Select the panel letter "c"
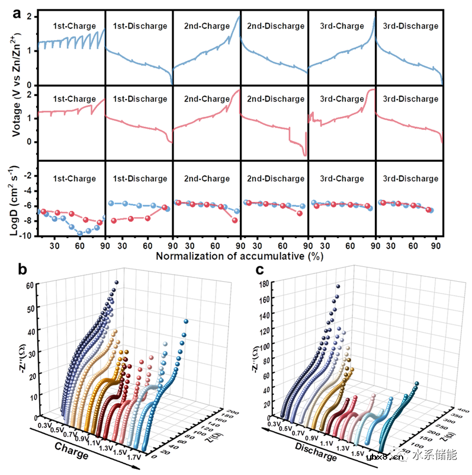click(261, 270)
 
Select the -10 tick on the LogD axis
click(28, 235)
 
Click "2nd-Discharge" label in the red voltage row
click(275, 99)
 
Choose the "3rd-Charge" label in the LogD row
click(342, 178)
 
